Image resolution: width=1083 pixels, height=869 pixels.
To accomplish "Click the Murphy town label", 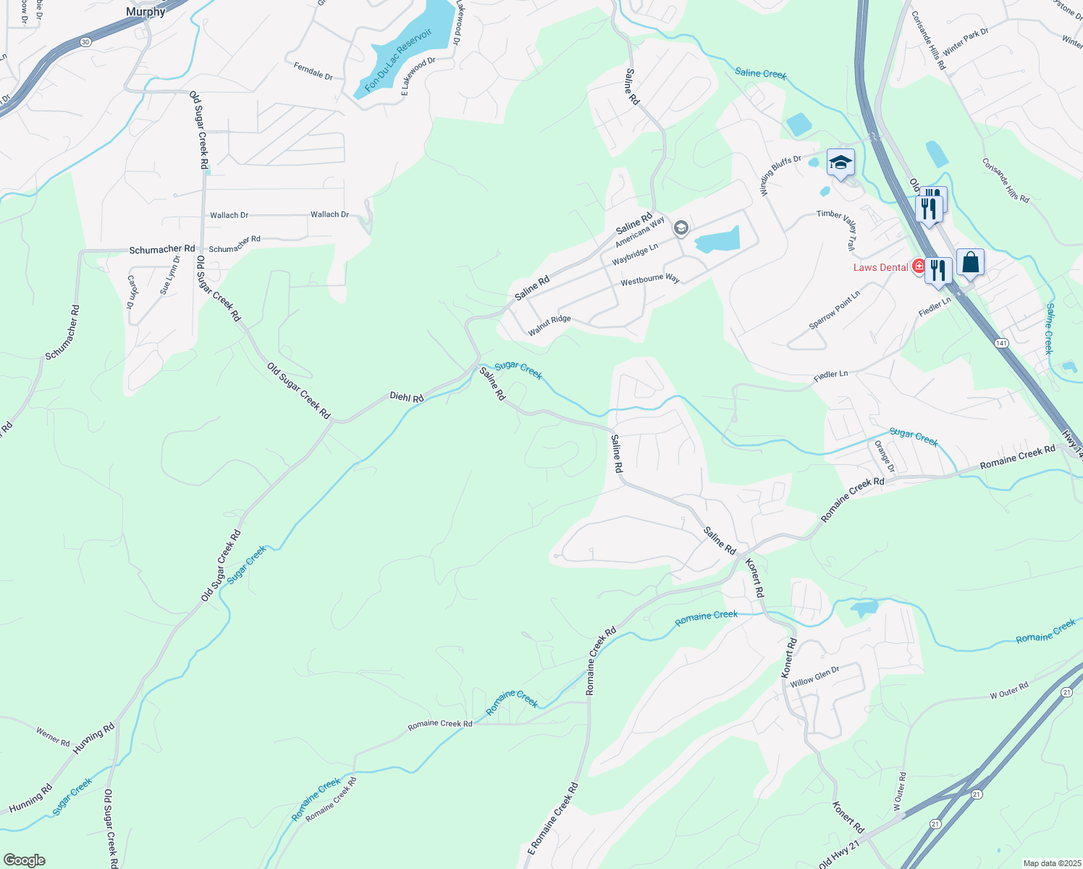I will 146,12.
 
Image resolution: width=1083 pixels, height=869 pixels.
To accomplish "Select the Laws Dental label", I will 880,267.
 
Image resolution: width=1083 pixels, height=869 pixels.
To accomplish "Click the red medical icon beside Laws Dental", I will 919,266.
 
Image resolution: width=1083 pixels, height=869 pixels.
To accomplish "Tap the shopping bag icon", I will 970,262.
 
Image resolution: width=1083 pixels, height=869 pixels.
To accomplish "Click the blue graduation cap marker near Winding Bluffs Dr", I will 840,162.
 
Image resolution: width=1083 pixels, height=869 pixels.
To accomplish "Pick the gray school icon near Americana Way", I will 680,229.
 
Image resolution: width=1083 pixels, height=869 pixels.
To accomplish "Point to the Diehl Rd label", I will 406,397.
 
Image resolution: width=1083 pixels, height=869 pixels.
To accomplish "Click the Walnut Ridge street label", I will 549,325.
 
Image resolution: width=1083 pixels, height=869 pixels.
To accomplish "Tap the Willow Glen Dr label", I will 814,677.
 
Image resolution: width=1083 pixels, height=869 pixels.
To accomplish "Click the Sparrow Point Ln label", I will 835,311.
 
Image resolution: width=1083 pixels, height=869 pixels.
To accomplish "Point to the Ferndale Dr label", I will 313,71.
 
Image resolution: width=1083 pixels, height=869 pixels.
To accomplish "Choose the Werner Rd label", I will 53,737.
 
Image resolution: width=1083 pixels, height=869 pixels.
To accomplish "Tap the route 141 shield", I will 1001,343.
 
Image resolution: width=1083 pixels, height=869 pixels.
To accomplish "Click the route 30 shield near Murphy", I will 85,42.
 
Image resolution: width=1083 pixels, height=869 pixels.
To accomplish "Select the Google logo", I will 24,860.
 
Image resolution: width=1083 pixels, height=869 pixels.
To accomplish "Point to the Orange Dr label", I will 885,456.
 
